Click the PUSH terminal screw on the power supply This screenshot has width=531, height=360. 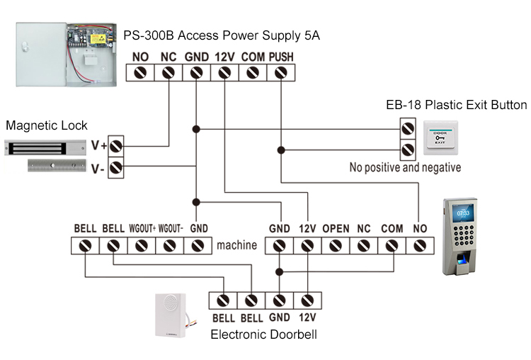280,72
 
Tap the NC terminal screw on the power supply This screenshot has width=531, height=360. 168,72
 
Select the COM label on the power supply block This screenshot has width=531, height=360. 253,56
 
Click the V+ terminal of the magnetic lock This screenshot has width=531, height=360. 116,146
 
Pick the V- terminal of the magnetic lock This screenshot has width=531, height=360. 116,168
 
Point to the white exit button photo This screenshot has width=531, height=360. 440,137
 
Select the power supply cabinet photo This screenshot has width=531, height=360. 65,52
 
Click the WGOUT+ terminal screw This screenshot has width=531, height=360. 141,246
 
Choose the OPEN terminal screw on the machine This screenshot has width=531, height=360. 336,246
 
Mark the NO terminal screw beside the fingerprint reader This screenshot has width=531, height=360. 420,246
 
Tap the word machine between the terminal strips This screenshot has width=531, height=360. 236,246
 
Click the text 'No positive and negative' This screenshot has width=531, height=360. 405,168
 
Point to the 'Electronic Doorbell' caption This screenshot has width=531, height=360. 264,334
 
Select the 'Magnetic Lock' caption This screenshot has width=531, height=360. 47,125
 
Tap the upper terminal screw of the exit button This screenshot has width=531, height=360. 408,129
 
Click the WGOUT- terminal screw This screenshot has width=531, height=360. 169,246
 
